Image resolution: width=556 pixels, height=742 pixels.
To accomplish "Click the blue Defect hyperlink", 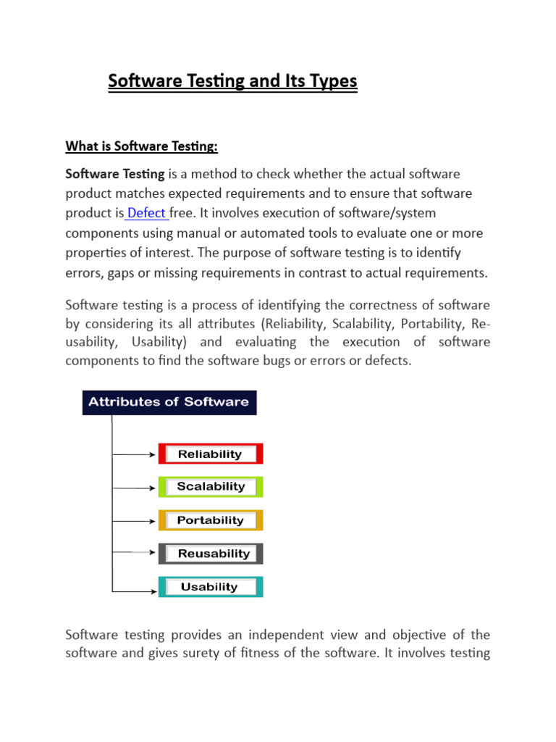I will [147, 213].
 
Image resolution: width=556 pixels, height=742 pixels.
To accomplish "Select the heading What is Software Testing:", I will [141, 146].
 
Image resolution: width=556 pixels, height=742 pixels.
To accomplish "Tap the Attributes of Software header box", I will [169, 402].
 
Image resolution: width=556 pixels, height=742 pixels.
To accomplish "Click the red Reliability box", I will [210, 454].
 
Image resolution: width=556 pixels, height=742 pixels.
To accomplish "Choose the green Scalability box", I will [210, 487].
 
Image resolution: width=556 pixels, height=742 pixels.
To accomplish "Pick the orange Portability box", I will [210, 520].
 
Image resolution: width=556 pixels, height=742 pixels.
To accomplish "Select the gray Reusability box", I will [210, 554].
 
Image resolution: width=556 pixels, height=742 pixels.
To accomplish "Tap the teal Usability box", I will [210, 587].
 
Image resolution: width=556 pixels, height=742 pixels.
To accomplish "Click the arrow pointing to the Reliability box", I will [135, 455].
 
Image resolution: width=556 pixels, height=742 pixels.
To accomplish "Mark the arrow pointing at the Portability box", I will [135, 522].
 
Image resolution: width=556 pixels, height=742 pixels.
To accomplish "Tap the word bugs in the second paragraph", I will [305, 361].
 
